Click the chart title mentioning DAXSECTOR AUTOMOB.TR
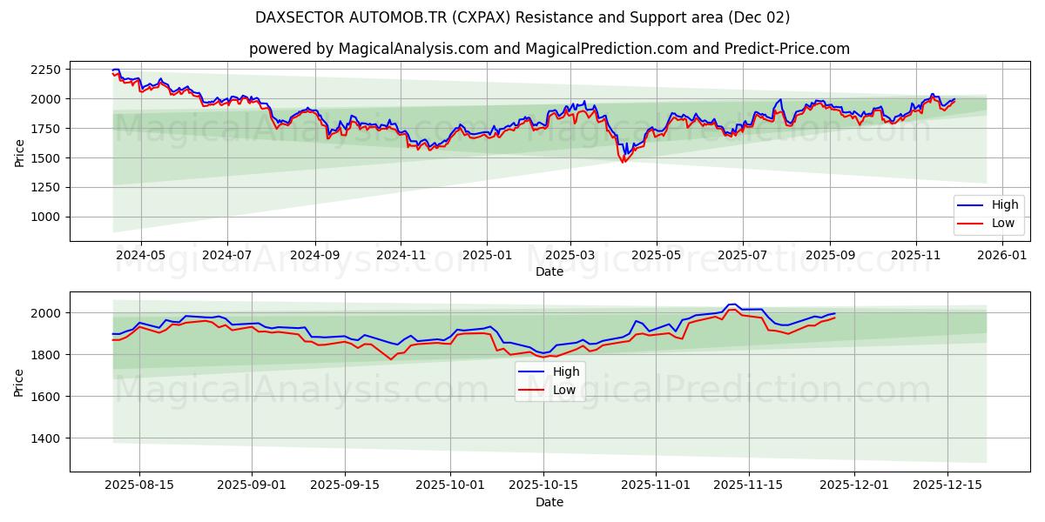[x=522, y=17]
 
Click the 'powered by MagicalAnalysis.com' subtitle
[x=549, y=49]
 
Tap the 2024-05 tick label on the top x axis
[x=140, y=255]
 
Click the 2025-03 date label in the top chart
[x=570, y=255]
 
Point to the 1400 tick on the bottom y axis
[x=49, y=438]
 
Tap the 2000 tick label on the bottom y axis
[x=49, y=313]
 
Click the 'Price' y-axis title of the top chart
[x=19, y=153]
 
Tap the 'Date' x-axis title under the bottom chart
[x=549, y=502]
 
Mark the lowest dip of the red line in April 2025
[x=623, y=163]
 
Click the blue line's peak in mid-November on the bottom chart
[x=731, y=304]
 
